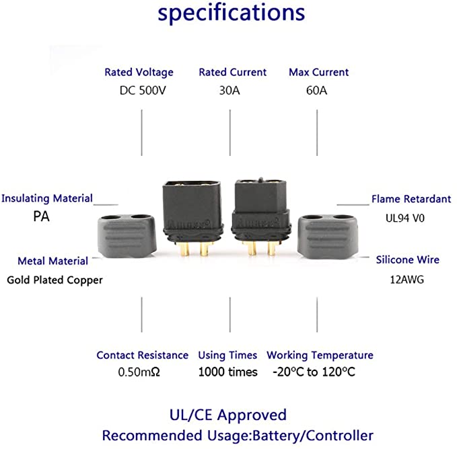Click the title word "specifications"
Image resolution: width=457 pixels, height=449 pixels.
tap(231, 13)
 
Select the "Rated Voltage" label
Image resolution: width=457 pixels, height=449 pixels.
tap(139, 72)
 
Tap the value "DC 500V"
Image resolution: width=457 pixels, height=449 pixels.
tap(141, 91)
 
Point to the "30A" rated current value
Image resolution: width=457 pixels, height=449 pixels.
tap(230, 91)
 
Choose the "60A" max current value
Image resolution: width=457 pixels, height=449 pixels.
tap(316, 91)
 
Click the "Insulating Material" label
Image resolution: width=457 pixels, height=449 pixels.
tap(47, 198)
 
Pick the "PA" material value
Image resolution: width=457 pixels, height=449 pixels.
tap(41, 217)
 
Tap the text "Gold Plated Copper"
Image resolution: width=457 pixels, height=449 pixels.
tap(55, 280)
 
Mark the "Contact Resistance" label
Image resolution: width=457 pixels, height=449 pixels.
tap(142, 355)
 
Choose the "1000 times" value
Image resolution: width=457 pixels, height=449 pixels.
tap(227, 372)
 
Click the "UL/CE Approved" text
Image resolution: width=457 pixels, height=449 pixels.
tap(228, 415)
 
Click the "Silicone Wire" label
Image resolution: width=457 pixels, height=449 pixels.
tap(408, 259)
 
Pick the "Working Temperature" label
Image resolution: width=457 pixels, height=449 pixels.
tap(320, 355)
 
